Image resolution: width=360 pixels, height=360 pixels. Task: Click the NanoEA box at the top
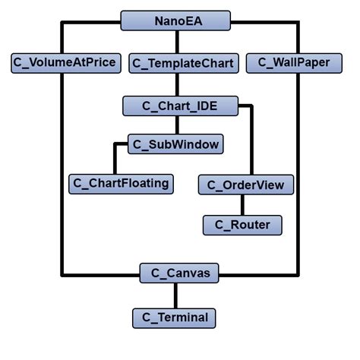(180, 21)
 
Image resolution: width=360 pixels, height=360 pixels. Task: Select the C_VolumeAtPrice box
(66, 63)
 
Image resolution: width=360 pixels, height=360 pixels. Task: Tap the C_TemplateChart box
(182, 63)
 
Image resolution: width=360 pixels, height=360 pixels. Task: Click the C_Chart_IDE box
(180, 106)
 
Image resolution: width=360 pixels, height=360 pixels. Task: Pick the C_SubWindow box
(175, 144)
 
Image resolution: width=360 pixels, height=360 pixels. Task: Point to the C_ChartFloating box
(120, 183)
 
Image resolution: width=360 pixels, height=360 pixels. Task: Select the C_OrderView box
(246, 185)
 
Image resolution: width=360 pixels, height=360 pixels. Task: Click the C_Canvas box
(180, 273)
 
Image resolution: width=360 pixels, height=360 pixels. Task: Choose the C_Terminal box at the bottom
(174, 317)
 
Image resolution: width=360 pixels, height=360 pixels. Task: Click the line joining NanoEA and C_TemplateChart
(180, 42)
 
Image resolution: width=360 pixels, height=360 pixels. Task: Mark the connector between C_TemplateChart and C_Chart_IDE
(180, 84)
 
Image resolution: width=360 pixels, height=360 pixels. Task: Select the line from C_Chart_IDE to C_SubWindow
(180, 125)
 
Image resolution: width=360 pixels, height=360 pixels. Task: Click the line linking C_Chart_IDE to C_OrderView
(251, 141)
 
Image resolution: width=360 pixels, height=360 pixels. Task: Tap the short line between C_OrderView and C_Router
(243, 204)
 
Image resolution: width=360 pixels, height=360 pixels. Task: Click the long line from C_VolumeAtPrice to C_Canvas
(64, 175)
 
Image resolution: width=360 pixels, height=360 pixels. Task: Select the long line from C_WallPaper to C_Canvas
(297, 175)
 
